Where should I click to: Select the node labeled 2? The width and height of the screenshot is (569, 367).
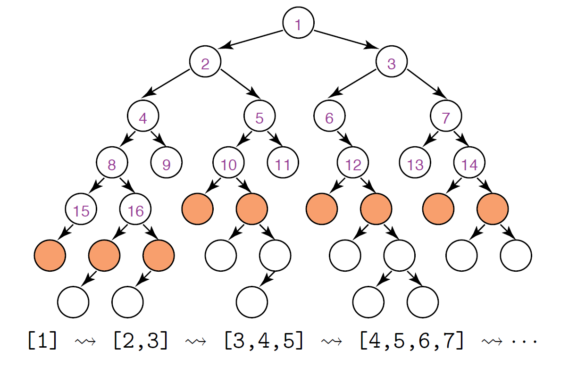point(205,63)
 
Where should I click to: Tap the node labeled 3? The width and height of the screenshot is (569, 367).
point(392,63)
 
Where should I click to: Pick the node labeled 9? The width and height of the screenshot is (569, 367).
point(167,164)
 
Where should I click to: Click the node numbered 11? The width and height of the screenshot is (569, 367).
point(283,164)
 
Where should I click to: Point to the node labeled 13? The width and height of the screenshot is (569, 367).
point(415,164)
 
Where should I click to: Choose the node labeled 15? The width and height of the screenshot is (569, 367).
point(81,210)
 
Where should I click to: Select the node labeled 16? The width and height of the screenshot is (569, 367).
point(135,210)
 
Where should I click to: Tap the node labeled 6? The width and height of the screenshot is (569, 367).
point(329,117)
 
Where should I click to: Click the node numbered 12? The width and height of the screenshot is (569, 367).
point(353,164)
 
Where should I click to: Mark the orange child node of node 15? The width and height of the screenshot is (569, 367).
point(50,256)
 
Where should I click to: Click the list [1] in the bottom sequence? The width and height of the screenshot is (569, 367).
point(42,341)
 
